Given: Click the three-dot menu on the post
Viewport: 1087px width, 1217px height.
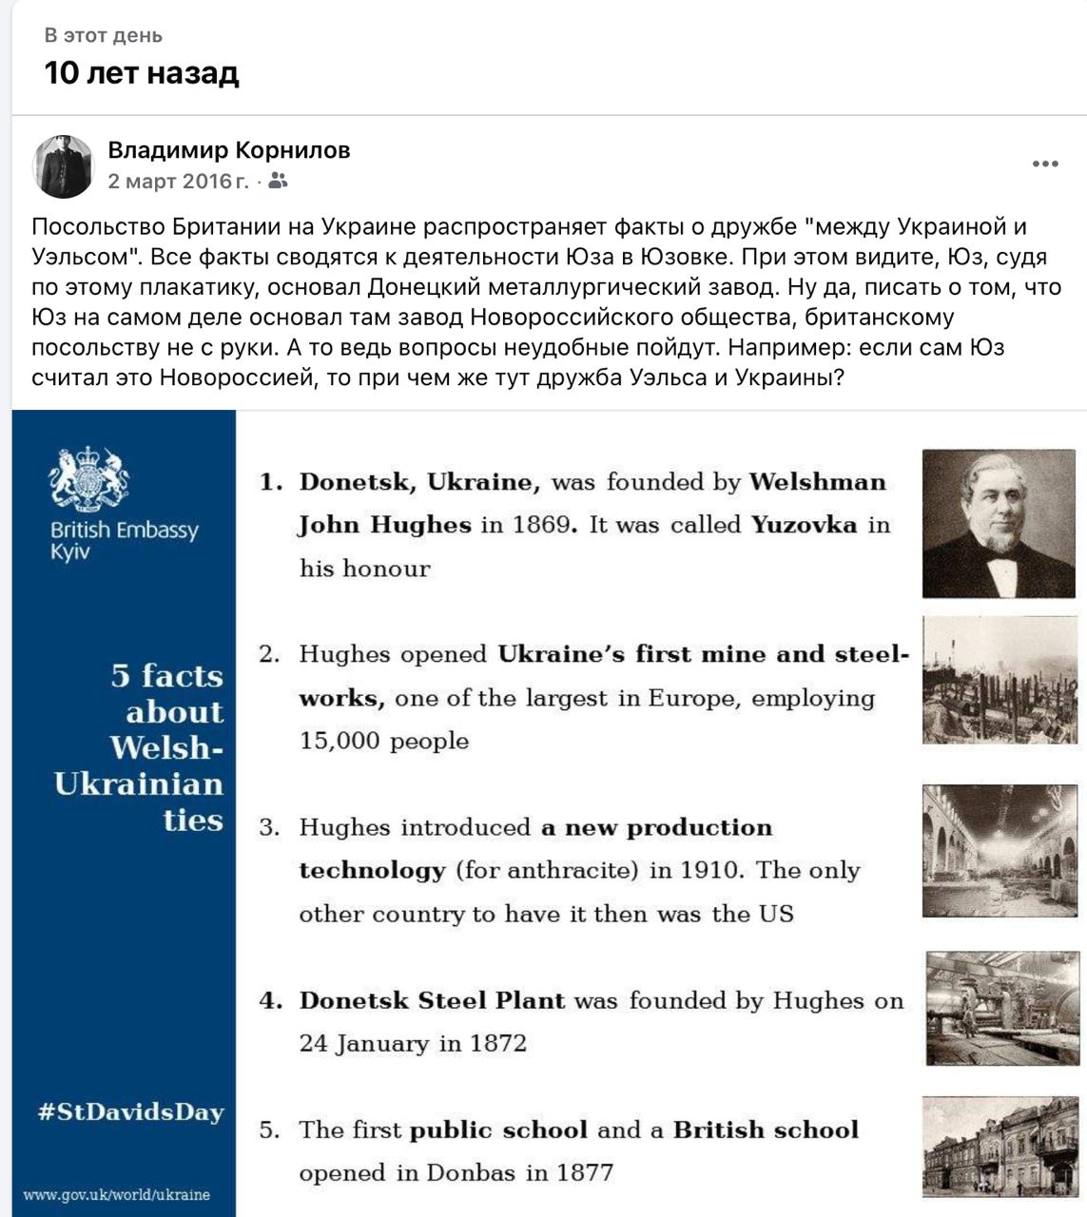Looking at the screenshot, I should coord(1045,164).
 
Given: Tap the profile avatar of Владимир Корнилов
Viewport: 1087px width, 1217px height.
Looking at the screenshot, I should coord(64,166).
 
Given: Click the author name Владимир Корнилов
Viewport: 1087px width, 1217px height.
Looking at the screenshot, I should coord(229,150).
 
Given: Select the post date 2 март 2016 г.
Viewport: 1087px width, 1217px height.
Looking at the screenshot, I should coord(178,181).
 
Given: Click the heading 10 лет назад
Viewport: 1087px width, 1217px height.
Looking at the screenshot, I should coord(142,73).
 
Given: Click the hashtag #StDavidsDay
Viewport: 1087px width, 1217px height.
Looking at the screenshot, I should coord(131,1111).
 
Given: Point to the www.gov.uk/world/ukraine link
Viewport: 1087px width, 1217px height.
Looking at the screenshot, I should coord(116,1194).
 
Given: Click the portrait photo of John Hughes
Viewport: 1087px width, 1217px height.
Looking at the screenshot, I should coord(999,524).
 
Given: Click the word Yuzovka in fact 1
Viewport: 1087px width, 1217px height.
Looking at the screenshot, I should coord(804,525).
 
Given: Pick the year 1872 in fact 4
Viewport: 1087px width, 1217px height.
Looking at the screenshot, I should coord(496,1043).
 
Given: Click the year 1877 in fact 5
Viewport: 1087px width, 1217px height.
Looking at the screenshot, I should coord(583,1172).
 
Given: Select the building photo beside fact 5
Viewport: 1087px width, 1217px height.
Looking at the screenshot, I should coord(1000,1146).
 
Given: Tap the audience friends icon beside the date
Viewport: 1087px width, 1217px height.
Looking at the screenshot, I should coord(278,181).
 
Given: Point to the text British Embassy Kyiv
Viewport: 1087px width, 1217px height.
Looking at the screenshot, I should coord(125,540).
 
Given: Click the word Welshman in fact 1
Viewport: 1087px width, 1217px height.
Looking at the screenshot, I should coord(817,482).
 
